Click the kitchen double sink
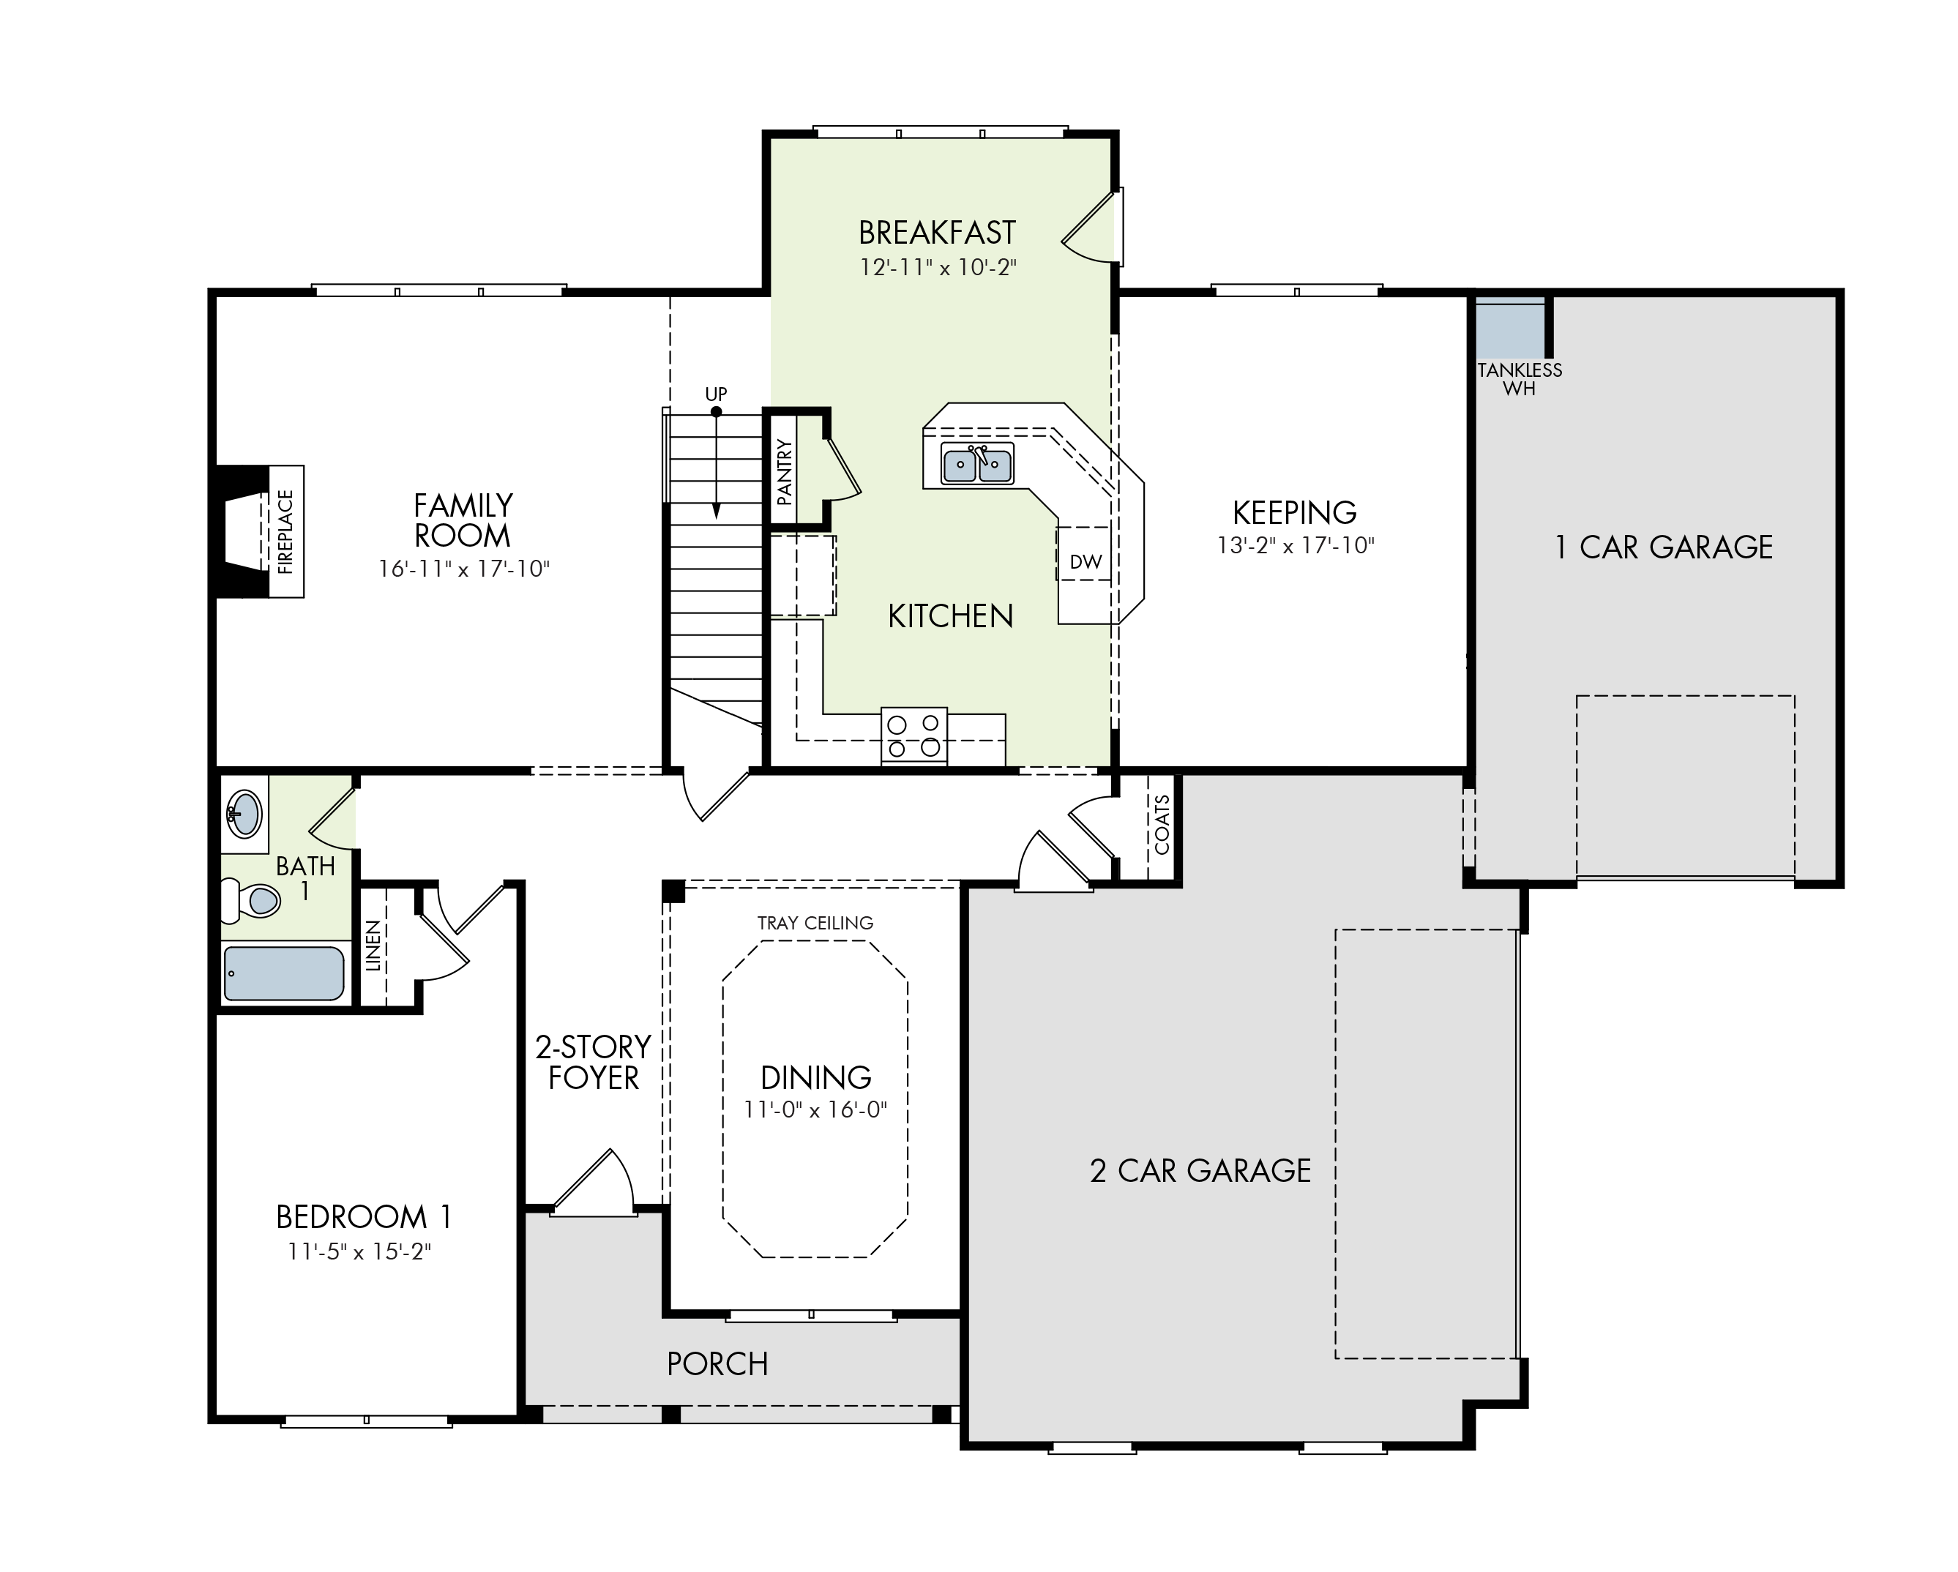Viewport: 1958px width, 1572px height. point(977,464)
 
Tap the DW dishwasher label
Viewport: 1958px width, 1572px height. point(1086,562)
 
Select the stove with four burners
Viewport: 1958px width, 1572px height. point(913,736)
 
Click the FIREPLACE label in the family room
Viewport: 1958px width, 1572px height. point(286,531)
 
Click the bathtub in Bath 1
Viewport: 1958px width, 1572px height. point(284,973)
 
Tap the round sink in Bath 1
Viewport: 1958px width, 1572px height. point(244,813)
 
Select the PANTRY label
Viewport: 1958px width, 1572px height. point(785,471)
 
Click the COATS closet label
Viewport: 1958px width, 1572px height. point(1162,825)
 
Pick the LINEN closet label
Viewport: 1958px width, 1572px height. point(373,946)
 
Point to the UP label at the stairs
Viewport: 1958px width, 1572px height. point(717,394)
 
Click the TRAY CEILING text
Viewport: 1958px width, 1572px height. point(815,923)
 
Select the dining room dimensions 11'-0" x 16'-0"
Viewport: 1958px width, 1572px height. point(815,1109)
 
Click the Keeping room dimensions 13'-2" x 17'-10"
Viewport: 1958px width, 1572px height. point(1296,545)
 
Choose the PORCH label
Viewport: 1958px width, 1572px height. point(717,1363)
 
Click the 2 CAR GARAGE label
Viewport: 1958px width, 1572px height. point(1200,1171)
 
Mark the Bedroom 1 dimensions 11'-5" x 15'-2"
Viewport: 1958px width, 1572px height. point(359,1251)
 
